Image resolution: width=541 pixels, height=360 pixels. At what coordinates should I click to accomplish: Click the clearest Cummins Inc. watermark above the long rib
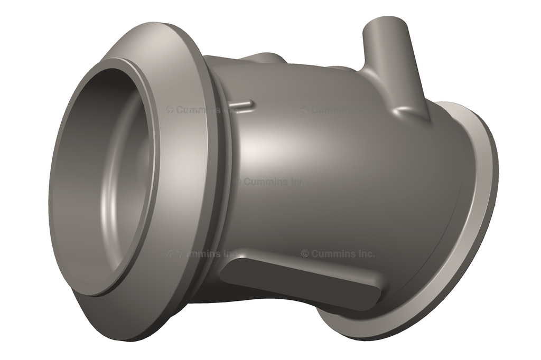click(x=338, y=254)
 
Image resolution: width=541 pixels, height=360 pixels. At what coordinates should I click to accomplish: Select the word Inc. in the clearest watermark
click(x=365, y=254)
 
